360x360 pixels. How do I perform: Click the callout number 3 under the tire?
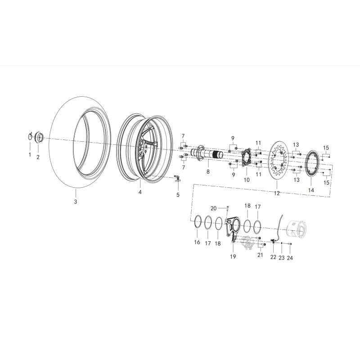(x=75, y=202)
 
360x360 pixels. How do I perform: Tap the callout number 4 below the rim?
(x=140, y=192)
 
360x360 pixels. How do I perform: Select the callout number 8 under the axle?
(x=208, y=171)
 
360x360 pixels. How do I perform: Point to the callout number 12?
(x=277, y=193)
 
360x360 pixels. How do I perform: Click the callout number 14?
(x=311, y=190)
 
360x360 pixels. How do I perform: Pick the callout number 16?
(x=197, y=242)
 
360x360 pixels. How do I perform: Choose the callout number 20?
(x=213, y=208)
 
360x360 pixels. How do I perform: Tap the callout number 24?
(x=290, y=258)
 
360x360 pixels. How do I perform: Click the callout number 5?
(x=178, y=195)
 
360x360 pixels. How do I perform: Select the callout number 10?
(x=247, y=180)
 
